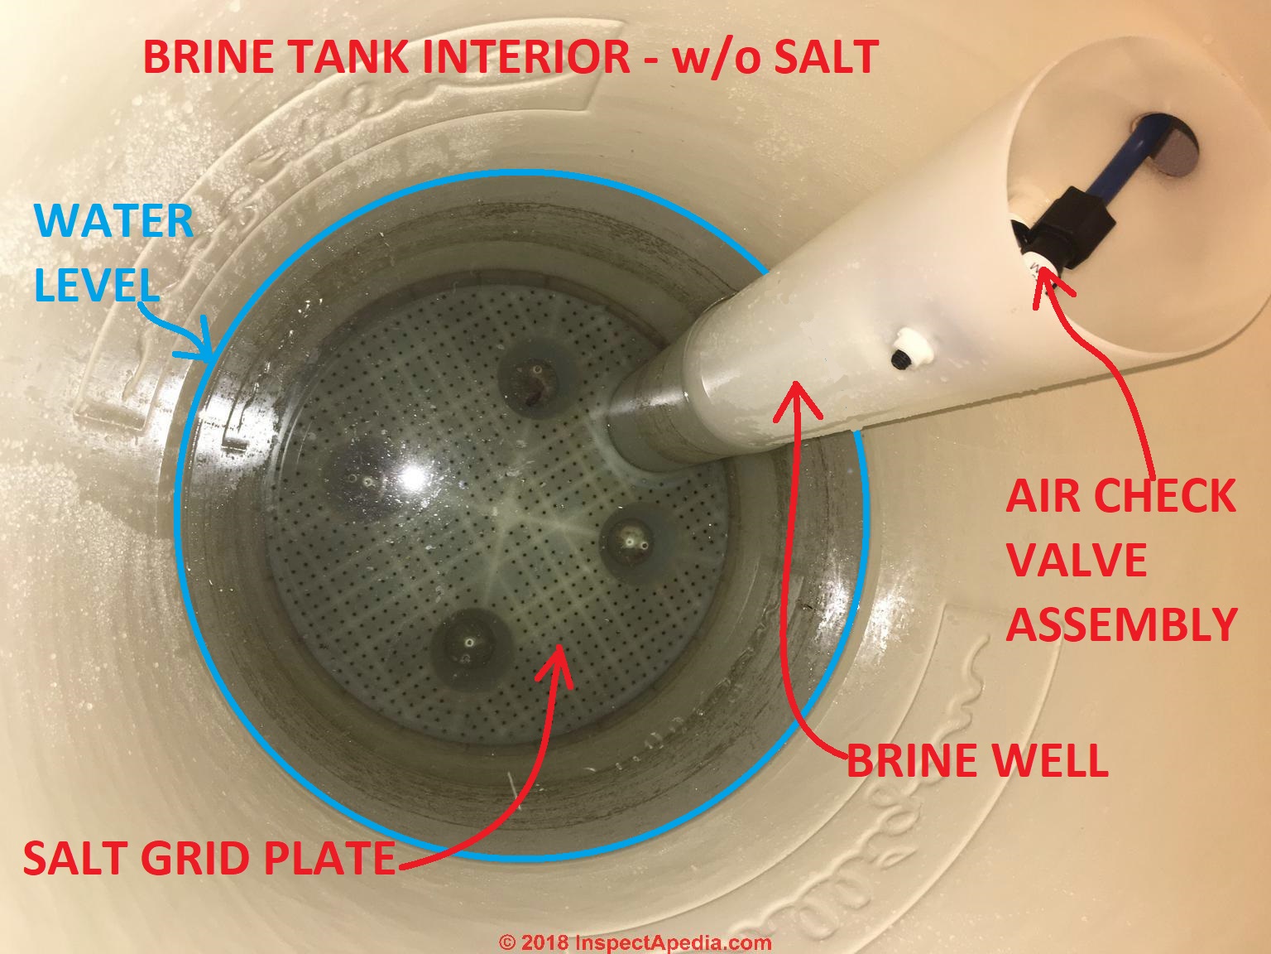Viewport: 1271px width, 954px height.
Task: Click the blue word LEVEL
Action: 97,286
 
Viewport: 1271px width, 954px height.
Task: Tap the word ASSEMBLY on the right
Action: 1121,624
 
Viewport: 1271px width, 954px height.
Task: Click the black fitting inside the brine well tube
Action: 1060,235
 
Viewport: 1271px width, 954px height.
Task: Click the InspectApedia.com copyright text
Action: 635,942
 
